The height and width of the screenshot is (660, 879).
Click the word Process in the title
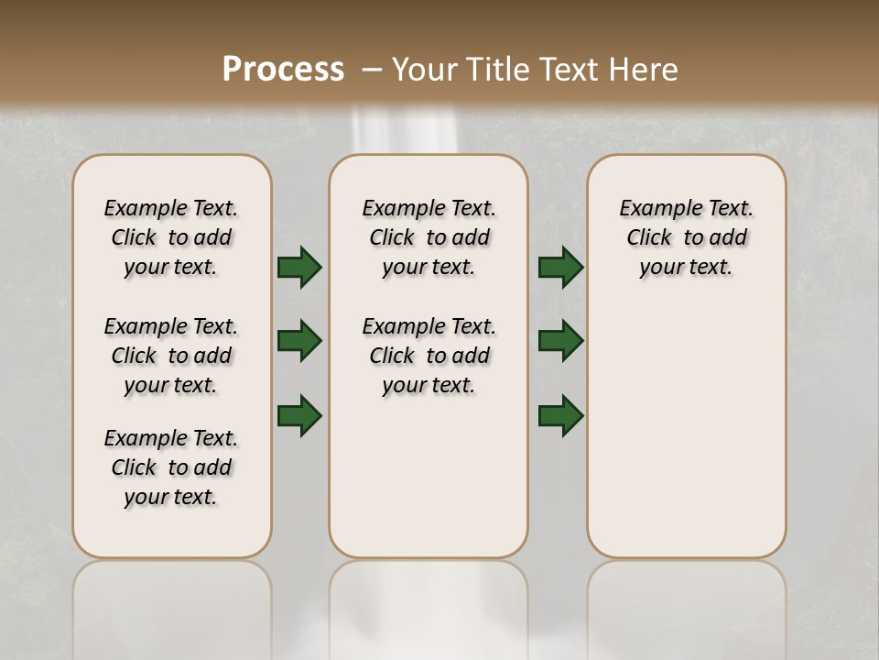(x=283, y=70)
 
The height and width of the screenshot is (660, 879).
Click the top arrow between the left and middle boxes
(x=299, y=267)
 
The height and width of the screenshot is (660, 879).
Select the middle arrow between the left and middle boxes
(x=299, y=341)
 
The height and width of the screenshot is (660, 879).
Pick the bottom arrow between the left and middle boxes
(x=299, y=415)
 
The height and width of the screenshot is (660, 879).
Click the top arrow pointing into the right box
(x=560, y=267)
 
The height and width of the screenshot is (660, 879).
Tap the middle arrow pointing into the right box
(x=560, y=341)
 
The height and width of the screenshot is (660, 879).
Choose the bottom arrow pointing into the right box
(x=560, y=415)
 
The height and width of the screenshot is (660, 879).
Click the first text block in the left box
(x=171, y=237)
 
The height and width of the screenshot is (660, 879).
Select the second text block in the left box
(x=171, y=356)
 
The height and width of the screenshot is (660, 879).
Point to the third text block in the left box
(x=171, y=467)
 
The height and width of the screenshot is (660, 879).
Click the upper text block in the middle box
(x=429, y=237)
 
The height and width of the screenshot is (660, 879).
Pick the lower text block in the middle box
(x=429, y=356)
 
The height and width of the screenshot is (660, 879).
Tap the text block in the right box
(x=686, y=237)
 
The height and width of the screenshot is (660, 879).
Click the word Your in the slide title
(x=425, y=70)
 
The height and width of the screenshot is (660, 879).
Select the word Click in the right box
(x=649, y=238)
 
